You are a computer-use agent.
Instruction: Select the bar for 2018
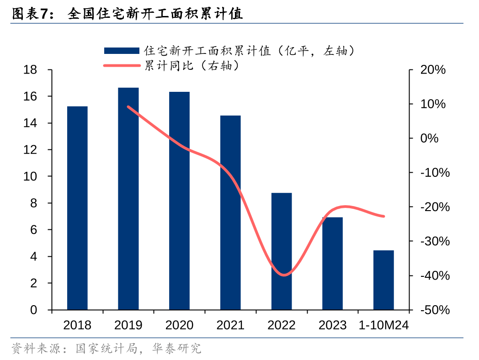77,208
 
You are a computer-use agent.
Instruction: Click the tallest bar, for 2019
128,199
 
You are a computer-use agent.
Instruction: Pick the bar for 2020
179,201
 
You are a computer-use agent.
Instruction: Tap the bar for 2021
230,212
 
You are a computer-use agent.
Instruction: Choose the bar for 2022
282,251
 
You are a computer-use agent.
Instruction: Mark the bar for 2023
332,264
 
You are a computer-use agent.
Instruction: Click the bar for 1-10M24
383,280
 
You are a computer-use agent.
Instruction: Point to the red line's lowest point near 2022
284,275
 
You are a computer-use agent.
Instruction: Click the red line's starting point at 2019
128,107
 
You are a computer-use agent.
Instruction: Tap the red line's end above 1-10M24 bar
383,216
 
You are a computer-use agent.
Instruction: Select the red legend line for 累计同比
121,66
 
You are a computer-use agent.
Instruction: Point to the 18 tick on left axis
30,70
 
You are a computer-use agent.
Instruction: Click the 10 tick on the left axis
30,176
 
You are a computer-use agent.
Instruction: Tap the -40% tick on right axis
434,275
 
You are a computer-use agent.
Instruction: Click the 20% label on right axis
432,70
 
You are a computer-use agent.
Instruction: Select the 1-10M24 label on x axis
383,325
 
